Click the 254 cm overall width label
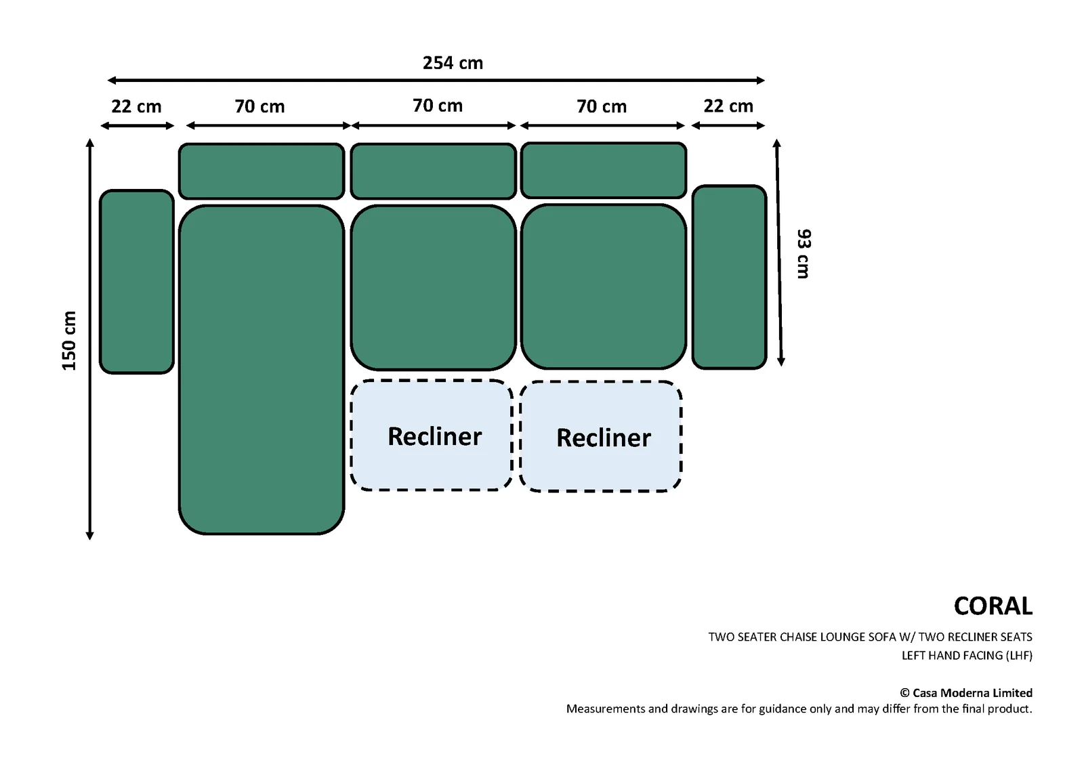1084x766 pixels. click(x=453, y=63)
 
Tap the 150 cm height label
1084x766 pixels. click(x=69, y=341)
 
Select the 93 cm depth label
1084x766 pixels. click(x=804, y=253)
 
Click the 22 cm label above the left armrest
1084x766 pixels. click(x=136, y=106)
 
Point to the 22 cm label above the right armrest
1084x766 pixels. click(x=728, y=106)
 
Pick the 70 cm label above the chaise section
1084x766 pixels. click(x=260, y=106)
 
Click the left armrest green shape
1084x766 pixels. click(x=136, y=282)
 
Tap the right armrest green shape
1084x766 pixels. click(x=729, y=277)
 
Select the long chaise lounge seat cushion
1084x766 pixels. click(x=262, y=370)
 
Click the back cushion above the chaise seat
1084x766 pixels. click(x=262, y=171)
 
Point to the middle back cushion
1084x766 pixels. click(x=433, y=171)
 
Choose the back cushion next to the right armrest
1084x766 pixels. click(x=604, y=170)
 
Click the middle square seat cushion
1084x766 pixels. click(x=433, y=287)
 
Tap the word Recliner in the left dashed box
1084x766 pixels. click(x=434, y=436)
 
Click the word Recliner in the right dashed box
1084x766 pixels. click(x=604, y=438)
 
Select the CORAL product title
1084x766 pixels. click(x=993, y=606)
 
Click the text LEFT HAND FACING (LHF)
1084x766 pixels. click(x=967, y=656)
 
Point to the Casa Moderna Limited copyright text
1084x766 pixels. click(x=966, y=693)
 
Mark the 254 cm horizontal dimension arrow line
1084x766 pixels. click(x=436, y=81)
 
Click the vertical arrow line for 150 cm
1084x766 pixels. click(x=89, y=339)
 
